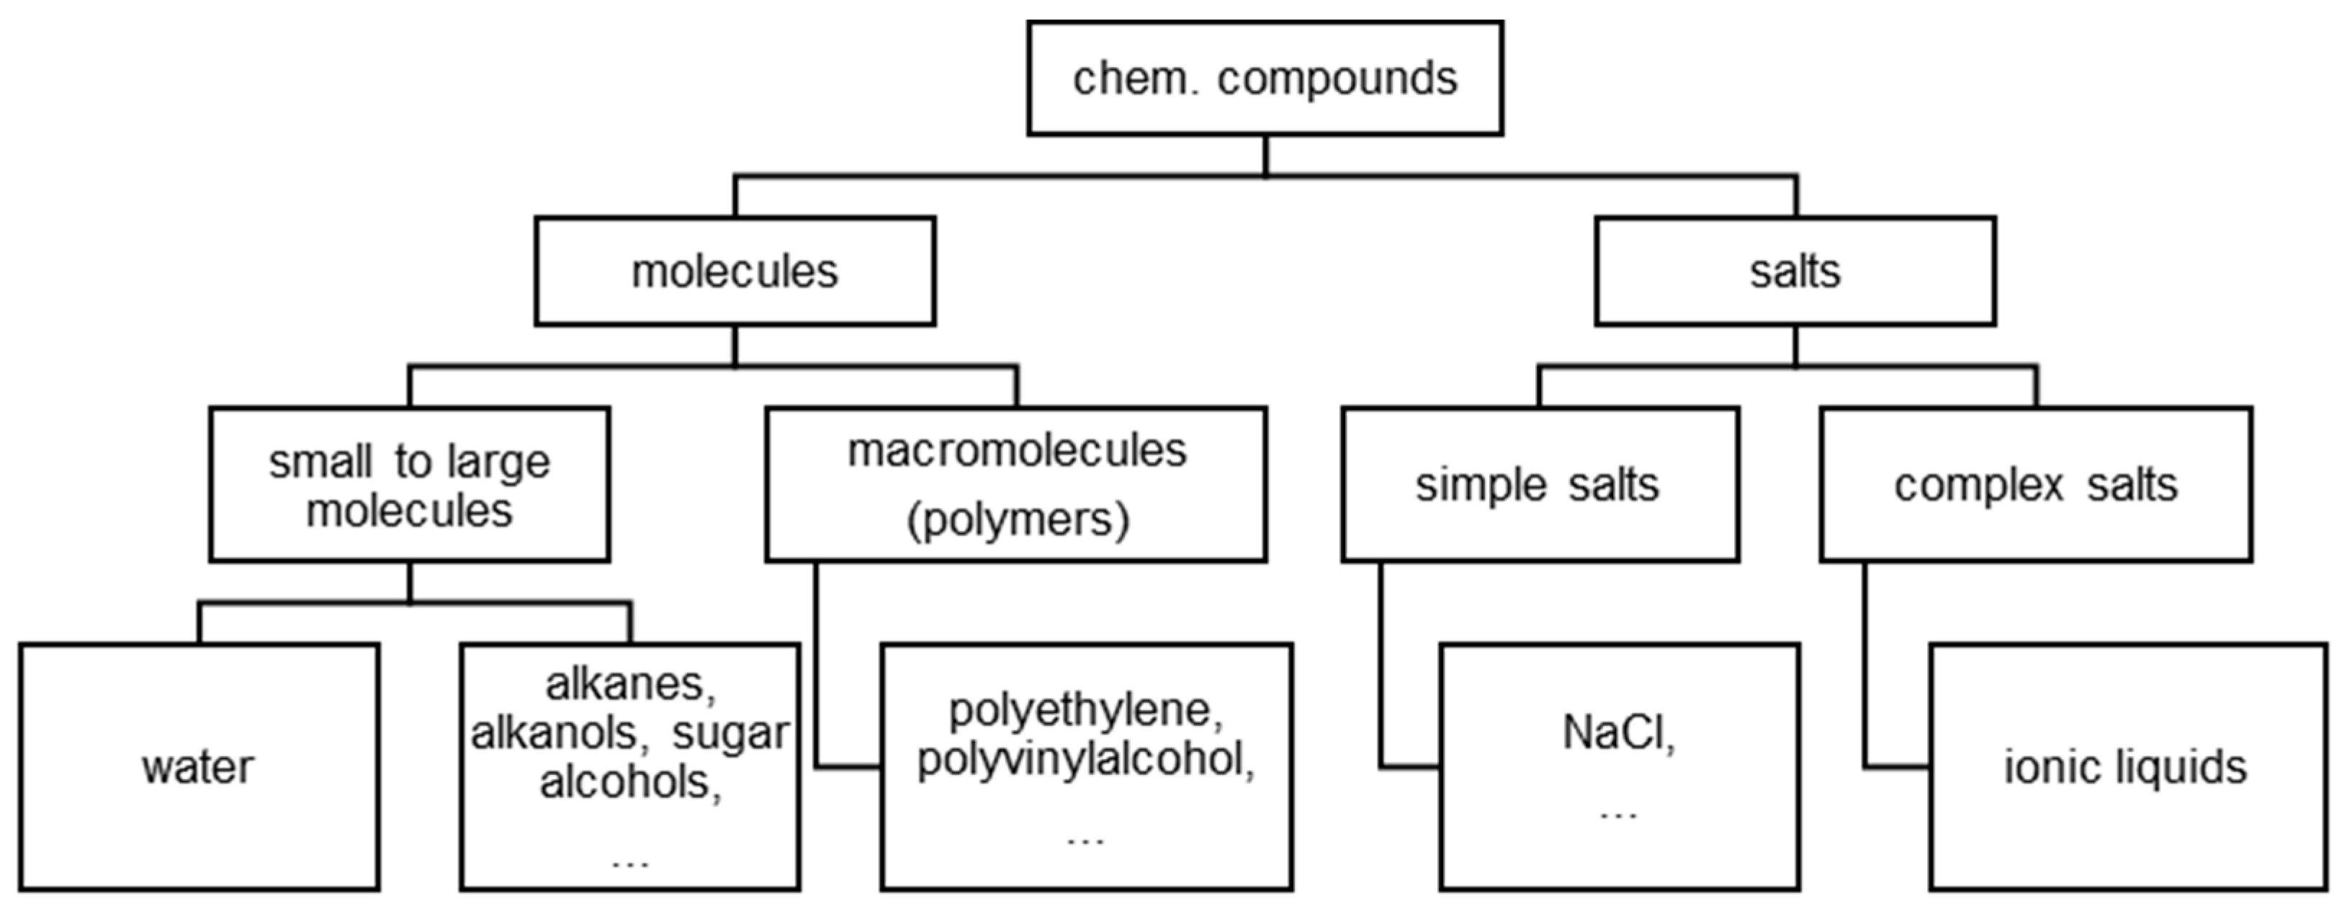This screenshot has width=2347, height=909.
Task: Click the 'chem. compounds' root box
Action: click(1265, 79)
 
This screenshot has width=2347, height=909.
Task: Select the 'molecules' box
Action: click(735, 272)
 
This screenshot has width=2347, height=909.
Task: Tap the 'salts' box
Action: click(1795, 272)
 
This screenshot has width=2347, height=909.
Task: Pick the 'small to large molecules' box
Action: click(409, 485)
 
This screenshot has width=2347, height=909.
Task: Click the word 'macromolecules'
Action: click(1017, 451)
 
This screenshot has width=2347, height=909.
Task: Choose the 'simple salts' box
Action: click(1540, 485)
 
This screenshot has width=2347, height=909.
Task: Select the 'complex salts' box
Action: click(2035, 485)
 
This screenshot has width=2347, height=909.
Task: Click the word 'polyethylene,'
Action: click(1085, 709)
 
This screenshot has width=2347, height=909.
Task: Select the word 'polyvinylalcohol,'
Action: click(1085, 758)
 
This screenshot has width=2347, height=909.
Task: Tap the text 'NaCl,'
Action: click(1619, 733)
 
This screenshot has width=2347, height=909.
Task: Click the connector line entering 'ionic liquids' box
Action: click(1895, 767)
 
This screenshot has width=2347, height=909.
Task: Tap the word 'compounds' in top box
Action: click(1337, 79)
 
